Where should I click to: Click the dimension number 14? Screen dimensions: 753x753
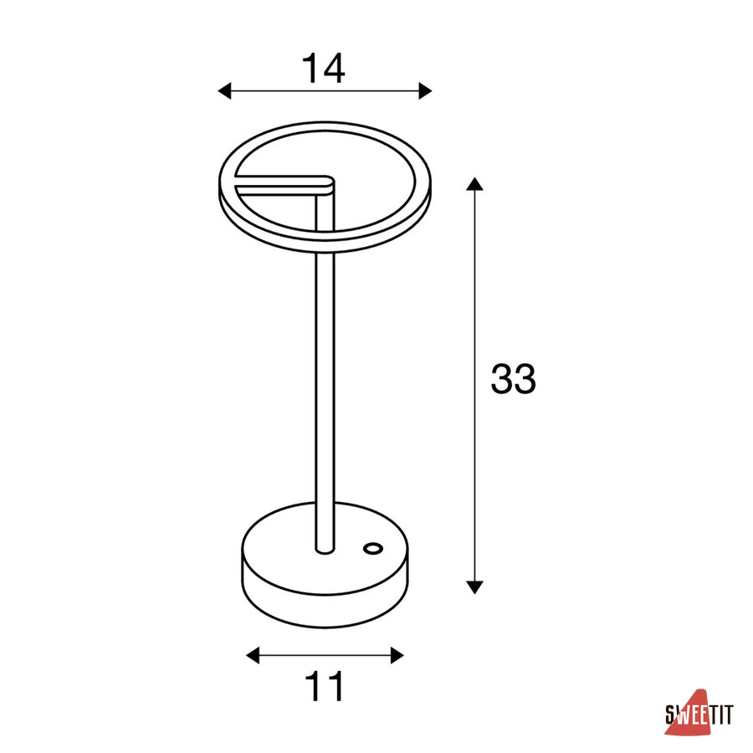pos(323,69)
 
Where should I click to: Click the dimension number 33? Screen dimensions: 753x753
pos(513,379)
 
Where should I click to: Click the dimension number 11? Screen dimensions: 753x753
pos(325,686)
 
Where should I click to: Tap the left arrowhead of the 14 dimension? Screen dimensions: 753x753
pos(224,90)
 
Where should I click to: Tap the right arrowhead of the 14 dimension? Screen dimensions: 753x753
pos(426,90)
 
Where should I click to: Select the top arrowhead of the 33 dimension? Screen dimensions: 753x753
pos(474,184)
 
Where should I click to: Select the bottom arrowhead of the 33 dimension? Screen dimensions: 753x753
pos(474,587)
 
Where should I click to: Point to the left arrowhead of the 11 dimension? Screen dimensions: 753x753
pos(253,655)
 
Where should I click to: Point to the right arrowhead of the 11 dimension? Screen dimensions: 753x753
pos(397,655)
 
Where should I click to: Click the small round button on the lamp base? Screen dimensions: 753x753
pos(373,548)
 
